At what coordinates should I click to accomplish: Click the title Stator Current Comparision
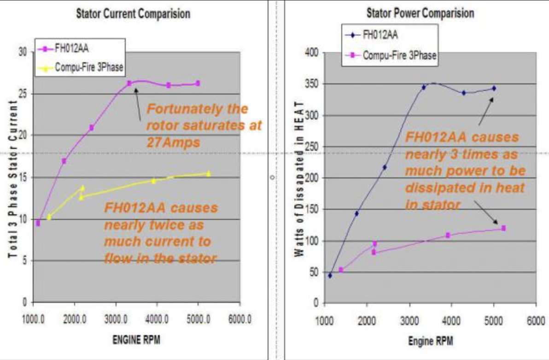click(x=133, y=13)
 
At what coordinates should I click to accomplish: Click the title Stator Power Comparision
click(x=420, y=12)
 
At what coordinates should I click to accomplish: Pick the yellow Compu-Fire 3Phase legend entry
click(x=88, y=67)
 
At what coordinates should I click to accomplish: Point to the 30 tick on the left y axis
click(x=23, y=52)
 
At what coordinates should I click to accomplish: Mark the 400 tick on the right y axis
click(x=313, y=52)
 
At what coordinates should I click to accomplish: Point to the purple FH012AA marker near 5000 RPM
click(x=198, y=83)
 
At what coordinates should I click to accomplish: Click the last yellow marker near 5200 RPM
click(x=208, y=173)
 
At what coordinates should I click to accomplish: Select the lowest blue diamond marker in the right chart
click(x=330, y=275)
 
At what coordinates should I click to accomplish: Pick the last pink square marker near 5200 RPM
click(x=503, y=228)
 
